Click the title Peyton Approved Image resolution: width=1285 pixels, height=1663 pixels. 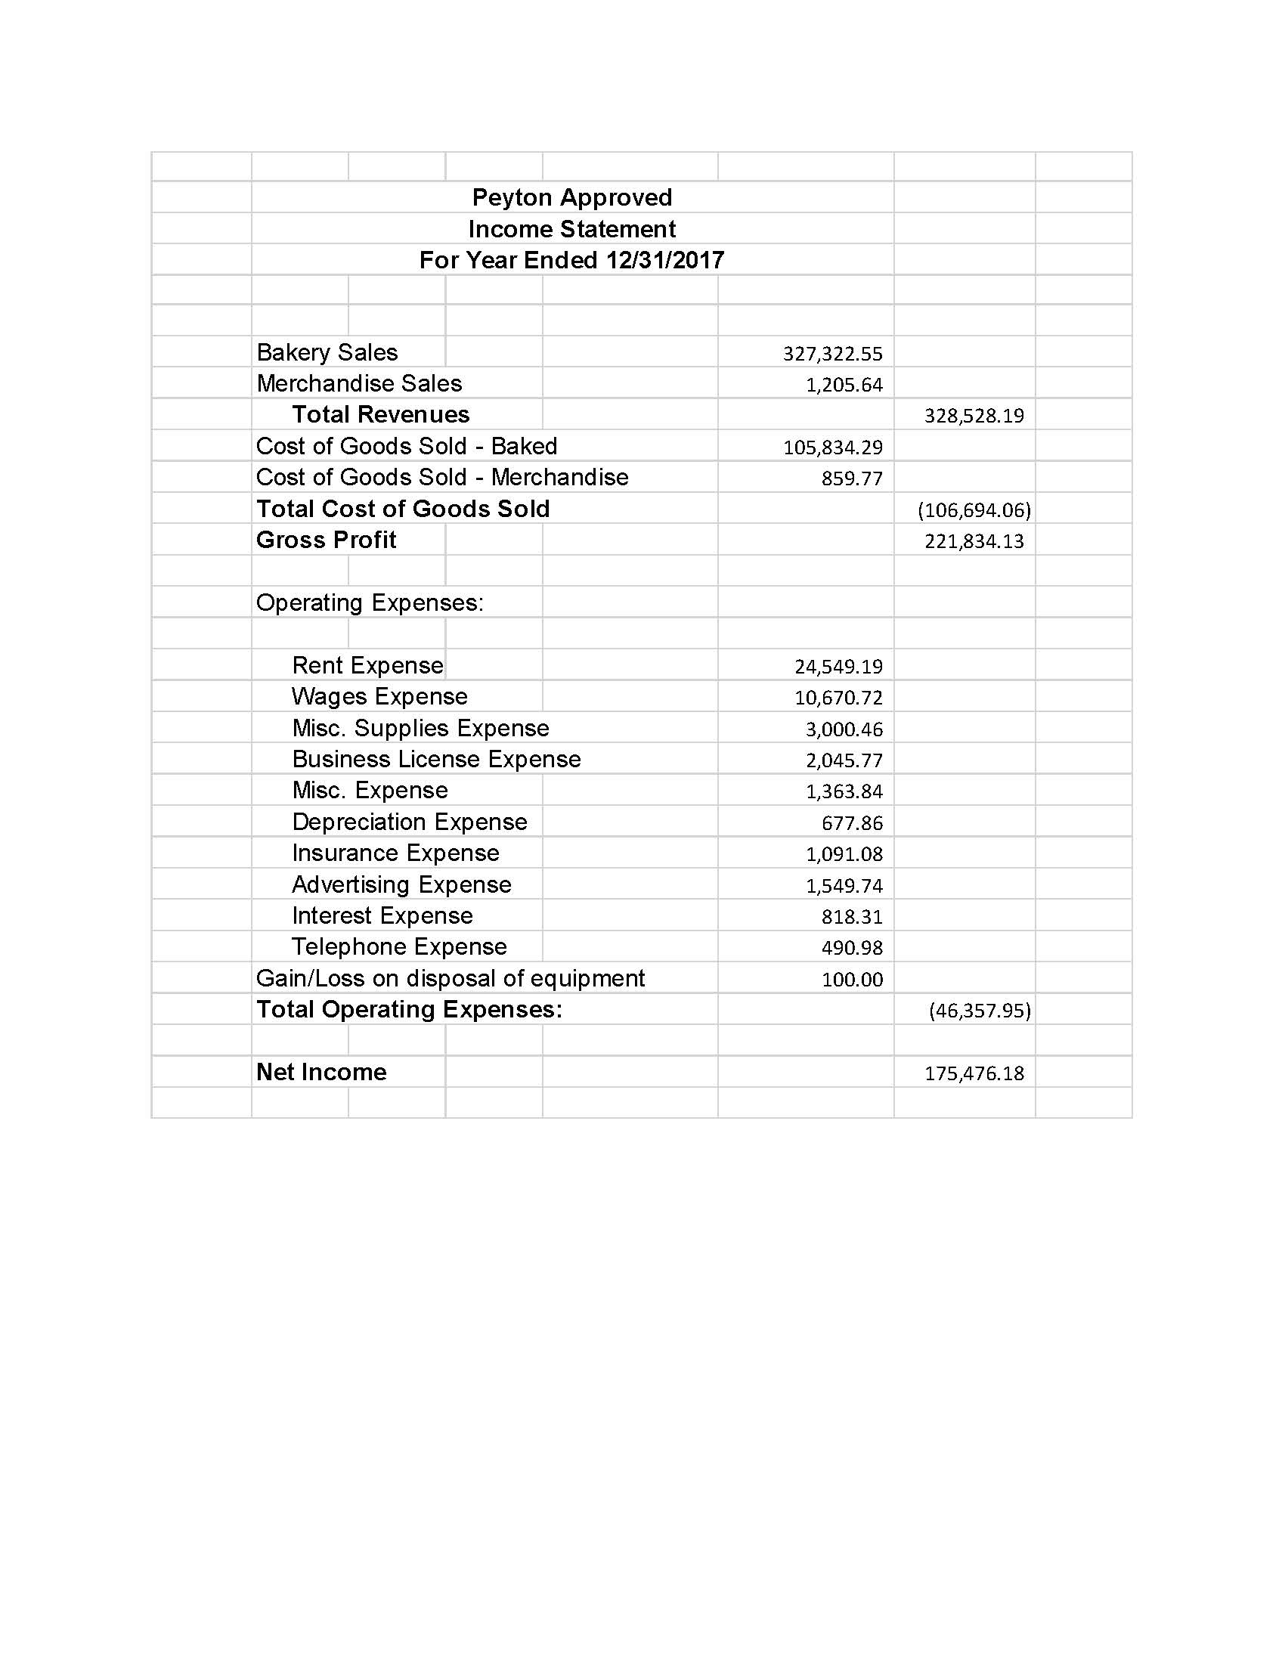(571, 198)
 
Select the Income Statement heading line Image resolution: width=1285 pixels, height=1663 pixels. (571, 229)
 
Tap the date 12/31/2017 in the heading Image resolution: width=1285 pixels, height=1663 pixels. (664, 261)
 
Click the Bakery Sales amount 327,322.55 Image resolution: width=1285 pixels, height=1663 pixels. (832, 354)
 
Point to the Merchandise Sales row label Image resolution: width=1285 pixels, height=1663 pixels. (359, 384)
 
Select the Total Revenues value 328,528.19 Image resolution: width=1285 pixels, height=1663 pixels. (974, 416)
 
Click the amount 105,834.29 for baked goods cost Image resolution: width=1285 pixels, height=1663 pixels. (832, 447)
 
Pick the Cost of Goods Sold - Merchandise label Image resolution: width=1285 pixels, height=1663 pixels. (442, 478)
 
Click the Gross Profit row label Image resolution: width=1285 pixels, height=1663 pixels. (326, 540)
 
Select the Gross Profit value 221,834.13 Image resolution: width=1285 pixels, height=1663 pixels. (974, 541)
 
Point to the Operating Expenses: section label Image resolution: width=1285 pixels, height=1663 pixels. (370, 603)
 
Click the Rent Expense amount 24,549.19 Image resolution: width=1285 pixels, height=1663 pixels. (838, 667)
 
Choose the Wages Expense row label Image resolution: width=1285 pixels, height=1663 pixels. (379, 697)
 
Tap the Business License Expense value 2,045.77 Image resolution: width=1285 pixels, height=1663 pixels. (844, 760)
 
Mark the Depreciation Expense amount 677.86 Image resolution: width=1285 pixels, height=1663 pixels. (852, 823)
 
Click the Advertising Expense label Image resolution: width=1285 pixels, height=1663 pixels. (401, 885)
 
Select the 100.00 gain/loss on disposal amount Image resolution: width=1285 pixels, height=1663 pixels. (852, 980)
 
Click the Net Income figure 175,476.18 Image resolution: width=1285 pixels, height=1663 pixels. (974, 1073)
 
